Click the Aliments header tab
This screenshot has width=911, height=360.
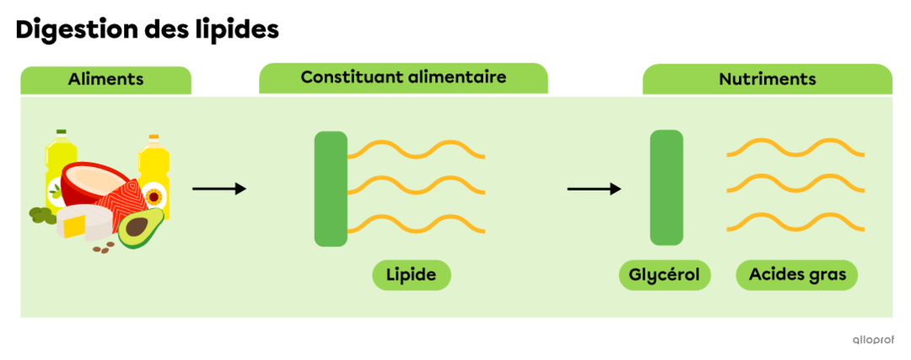105,79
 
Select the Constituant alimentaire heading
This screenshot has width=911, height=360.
403,77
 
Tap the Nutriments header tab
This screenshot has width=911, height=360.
767,79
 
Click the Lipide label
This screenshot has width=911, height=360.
412,275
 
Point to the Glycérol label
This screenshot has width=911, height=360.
665,275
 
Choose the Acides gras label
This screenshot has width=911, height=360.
797,275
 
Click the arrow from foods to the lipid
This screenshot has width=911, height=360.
219,188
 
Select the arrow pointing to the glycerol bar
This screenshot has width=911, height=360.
594,188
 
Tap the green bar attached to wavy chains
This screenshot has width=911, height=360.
331,189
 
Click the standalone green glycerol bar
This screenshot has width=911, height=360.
666,188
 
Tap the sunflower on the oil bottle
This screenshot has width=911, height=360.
154,197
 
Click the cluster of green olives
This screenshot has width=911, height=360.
40,216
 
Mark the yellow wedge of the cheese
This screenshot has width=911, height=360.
74,225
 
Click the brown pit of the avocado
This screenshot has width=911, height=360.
135,227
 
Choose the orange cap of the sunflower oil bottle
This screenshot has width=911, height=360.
154,137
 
